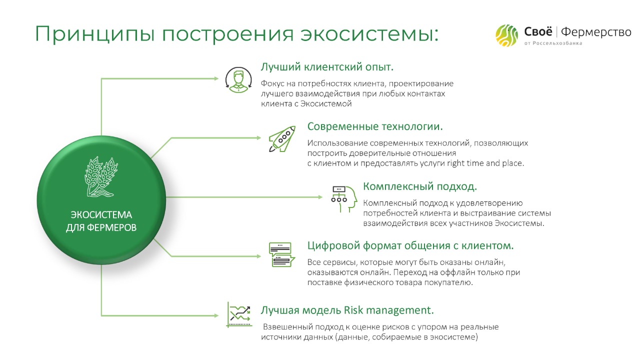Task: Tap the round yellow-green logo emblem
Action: point(506,35)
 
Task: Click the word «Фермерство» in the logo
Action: point(596,32)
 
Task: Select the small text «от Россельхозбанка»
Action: point(553,43)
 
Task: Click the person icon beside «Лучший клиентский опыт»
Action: point(238,79)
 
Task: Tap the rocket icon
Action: point(282,139)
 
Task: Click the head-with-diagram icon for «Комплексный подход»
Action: point(344,199)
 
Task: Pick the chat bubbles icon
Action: point(281,254)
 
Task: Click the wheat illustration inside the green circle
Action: point(101,176)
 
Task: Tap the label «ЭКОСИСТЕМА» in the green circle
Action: point(101,215)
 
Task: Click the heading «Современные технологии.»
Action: point(375,126)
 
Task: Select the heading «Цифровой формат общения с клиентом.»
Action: point(410,245)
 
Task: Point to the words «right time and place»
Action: point(484,163)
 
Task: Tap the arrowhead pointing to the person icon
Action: point(216,78)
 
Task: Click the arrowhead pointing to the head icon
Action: point(320,197)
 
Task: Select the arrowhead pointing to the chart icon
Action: point(216,315)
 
